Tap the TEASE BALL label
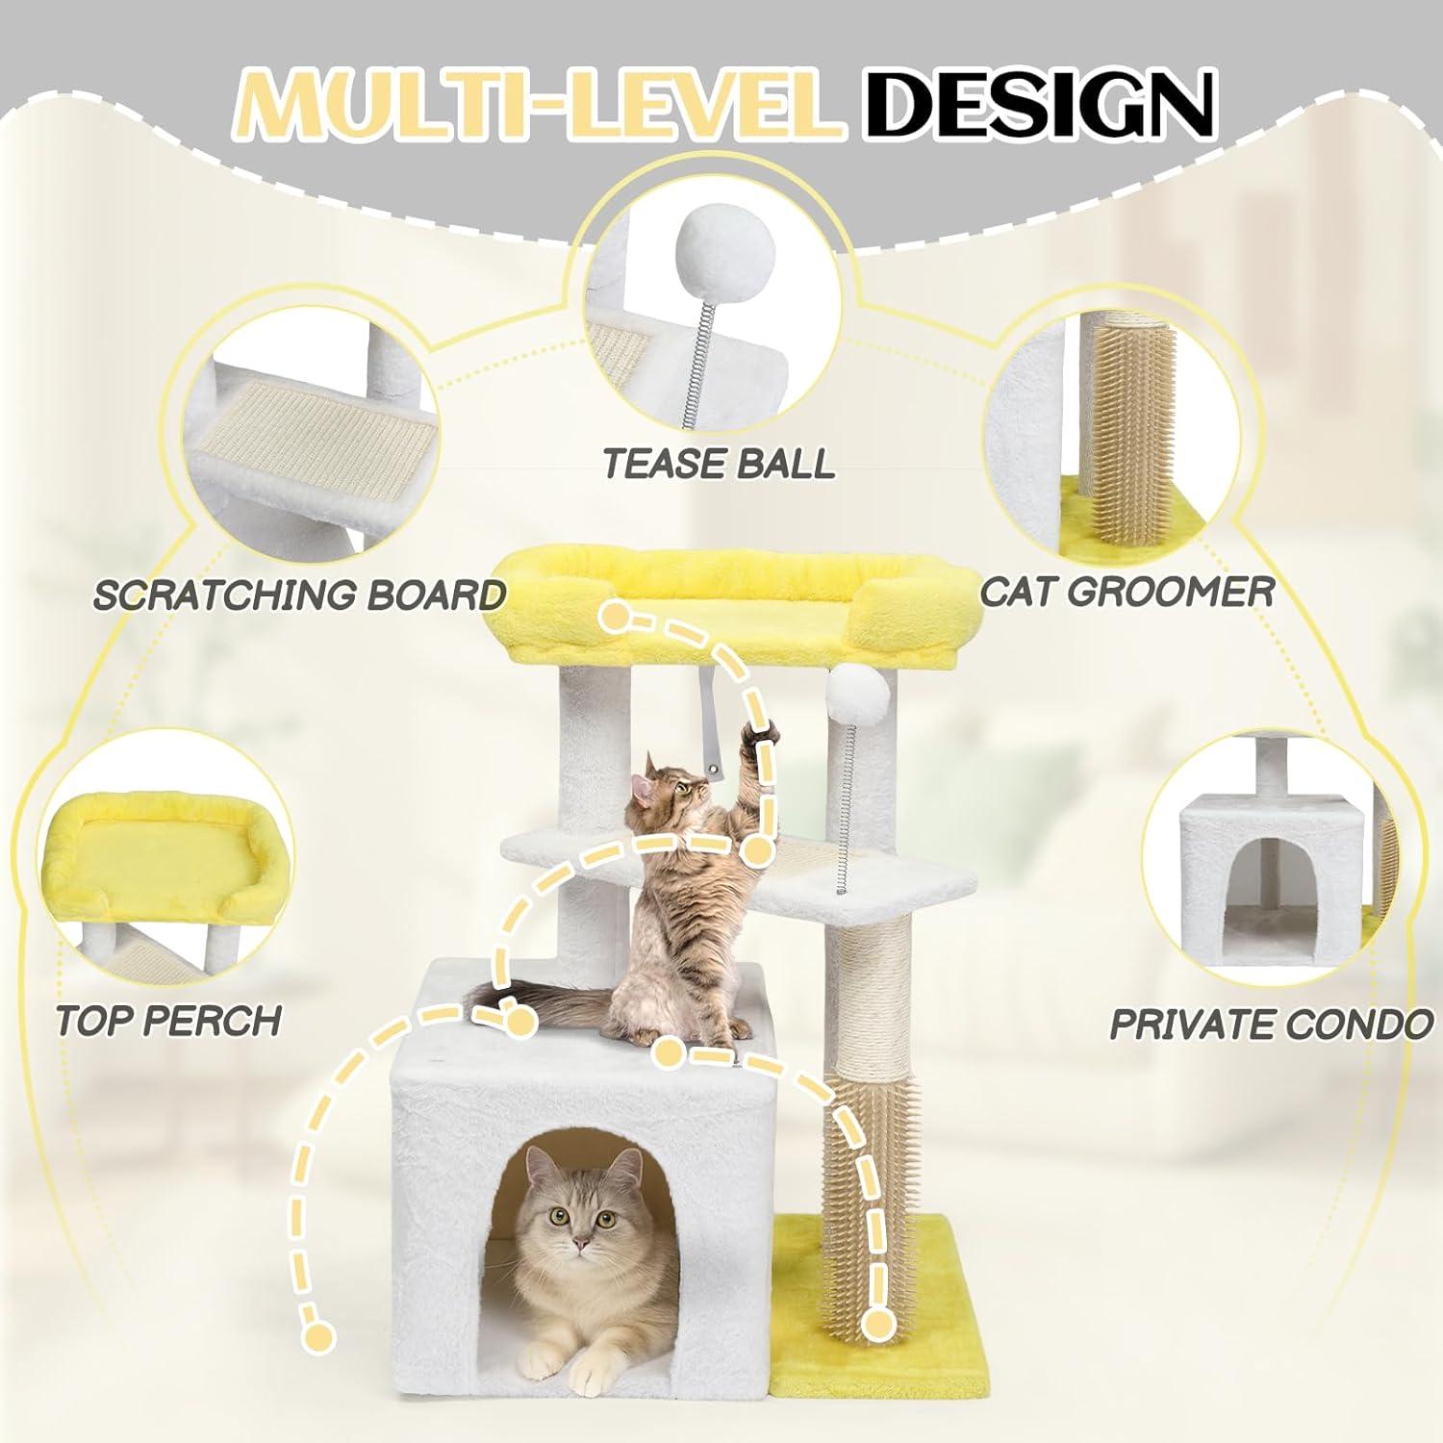pos(719,463)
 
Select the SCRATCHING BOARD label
pos(299,595)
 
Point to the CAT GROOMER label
pos(1127,591)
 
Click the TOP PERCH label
pos(168,1020)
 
